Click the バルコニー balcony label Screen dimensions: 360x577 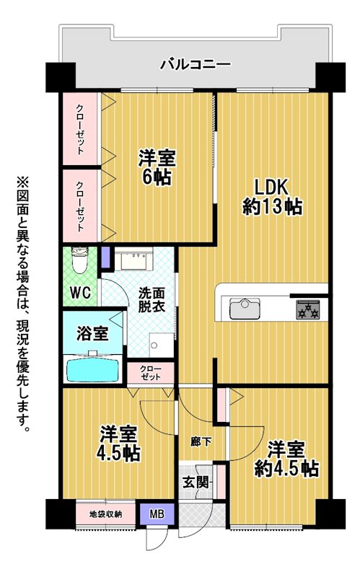(196, 64)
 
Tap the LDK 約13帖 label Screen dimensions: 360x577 (273, 197)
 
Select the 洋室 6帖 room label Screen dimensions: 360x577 (157, 167)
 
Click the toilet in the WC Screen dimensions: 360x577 (79, 260)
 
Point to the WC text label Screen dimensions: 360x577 (80, 293)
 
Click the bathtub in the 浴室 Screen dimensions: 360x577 (92, 369)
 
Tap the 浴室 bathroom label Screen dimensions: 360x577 (92, 333)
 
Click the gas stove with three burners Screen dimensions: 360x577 (308, 309)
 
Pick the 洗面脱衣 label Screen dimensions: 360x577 (152, 300)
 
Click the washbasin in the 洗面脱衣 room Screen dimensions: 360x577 (133, 259)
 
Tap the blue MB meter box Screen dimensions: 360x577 (157, 514)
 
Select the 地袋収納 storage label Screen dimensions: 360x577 (105, 514)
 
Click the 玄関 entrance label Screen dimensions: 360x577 (196, 483)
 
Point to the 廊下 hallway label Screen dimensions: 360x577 (201, 441)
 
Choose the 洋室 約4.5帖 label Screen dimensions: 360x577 (286, 459)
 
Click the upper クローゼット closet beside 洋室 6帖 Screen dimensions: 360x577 (80, 129)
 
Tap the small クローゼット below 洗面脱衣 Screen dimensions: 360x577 (150, 373)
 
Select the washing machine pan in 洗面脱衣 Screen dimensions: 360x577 (161, 345)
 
